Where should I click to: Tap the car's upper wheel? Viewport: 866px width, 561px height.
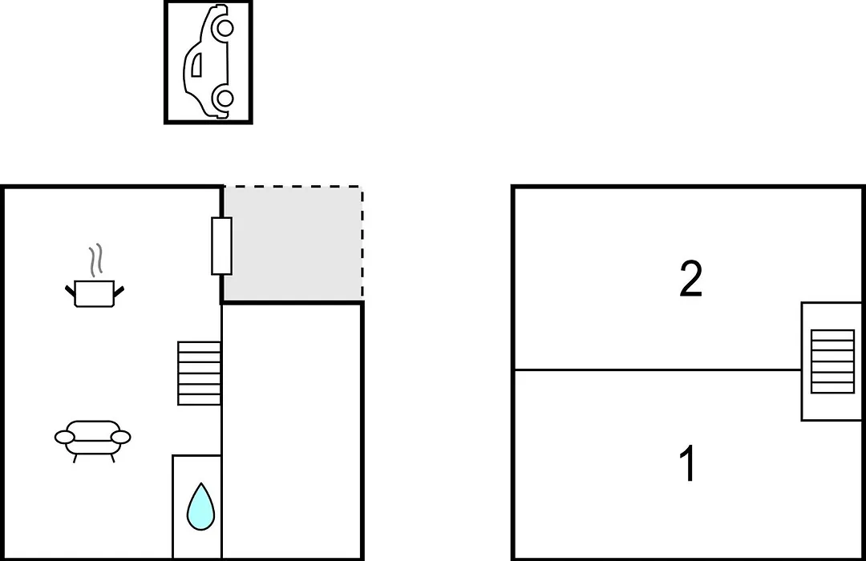point(225,27)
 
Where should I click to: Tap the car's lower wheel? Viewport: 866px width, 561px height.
point(225,99)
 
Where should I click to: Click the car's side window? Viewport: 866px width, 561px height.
point(196,65)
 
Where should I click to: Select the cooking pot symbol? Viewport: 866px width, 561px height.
point(95,293)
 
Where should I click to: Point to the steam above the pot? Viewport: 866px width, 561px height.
point(96,260)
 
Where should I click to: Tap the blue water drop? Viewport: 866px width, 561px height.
point(200,507)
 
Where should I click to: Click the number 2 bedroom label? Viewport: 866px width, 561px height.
point(691,280)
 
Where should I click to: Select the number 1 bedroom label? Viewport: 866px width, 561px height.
point(688,463)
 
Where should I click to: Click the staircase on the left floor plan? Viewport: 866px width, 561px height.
point(200,373)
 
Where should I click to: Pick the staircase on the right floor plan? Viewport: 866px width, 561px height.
point(832,361)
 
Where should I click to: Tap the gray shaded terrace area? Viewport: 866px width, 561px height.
point(292,244)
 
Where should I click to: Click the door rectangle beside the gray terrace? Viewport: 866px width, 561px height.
point(221,246)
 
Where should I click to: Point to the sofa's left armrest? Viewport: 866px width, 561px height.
point(65,438)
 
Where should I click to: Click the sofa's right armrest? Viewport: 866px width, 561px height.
point(121,438)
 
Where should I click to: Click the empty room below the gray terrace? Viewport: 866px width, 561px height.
point(292,430)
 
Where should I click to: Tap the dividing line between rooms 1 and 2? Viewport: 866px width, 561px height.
point(658,369)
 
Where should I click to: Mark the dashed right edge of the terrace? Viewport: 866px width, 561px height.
point(362,244)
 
